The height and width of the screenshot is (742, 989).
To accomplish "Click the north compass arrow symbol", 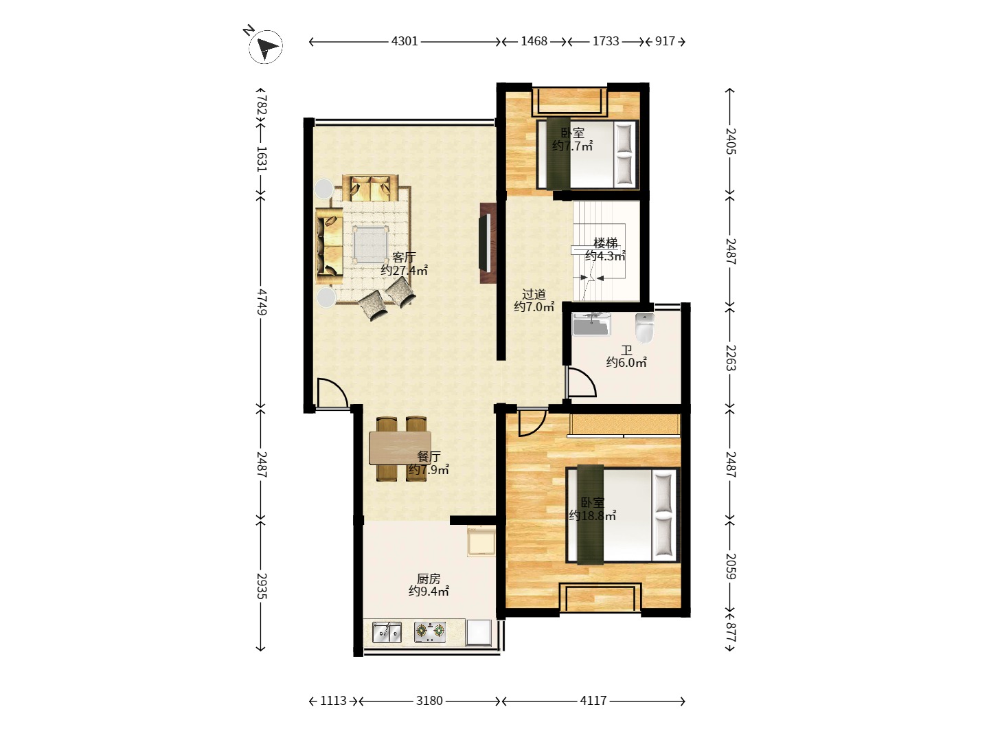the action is tap(265, 47).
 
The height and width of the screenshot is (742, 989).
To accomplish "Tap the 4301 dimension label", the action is tap(405, 41).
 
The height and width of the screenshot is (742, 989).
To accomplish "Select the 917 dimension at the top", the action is tap(665, 41).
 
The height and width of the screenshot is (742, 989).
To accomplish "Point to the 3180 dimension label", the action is tap(429, 701).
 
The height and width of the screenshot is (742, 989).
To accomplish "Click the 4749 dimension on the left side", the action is tap(262, 302).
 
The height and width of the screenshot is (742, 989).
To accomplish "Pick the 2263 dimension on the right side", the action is tap(730, 358).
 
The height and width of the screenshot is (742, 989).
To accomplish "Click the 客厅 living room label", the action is tap(404, 257).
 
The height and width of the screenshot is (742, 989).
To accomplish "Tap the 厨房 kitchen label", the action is tap(429, 578).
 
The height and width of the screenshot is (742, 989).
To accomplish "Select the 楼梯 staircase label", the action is tap(605, 243).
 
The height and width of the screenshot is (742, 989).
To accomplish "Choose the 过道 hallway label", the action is tap(534, 294).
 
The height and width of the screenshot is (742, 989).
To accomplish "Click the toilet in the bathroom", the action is tap(644, 328).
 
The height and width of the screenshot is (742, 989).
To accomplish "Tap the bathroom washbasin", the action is tap(591, 324).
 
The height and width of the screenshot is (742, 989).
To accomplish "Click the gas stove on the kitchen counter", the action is tap(430, 631).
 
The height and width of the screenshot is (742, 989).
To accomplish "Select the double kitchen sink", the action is tap(387, 631).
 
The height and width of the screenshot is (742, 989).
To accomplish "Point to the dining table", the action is tap(400, 448).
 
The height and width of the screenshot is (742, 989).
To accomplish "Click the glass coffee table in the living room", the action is tap(371, 244).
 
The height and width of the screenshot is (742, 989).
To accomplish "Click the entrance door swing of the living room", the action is tap(332, 394).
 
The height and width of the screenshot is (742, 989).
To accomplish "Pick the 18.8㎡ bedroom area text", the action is tap(592, 516).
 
